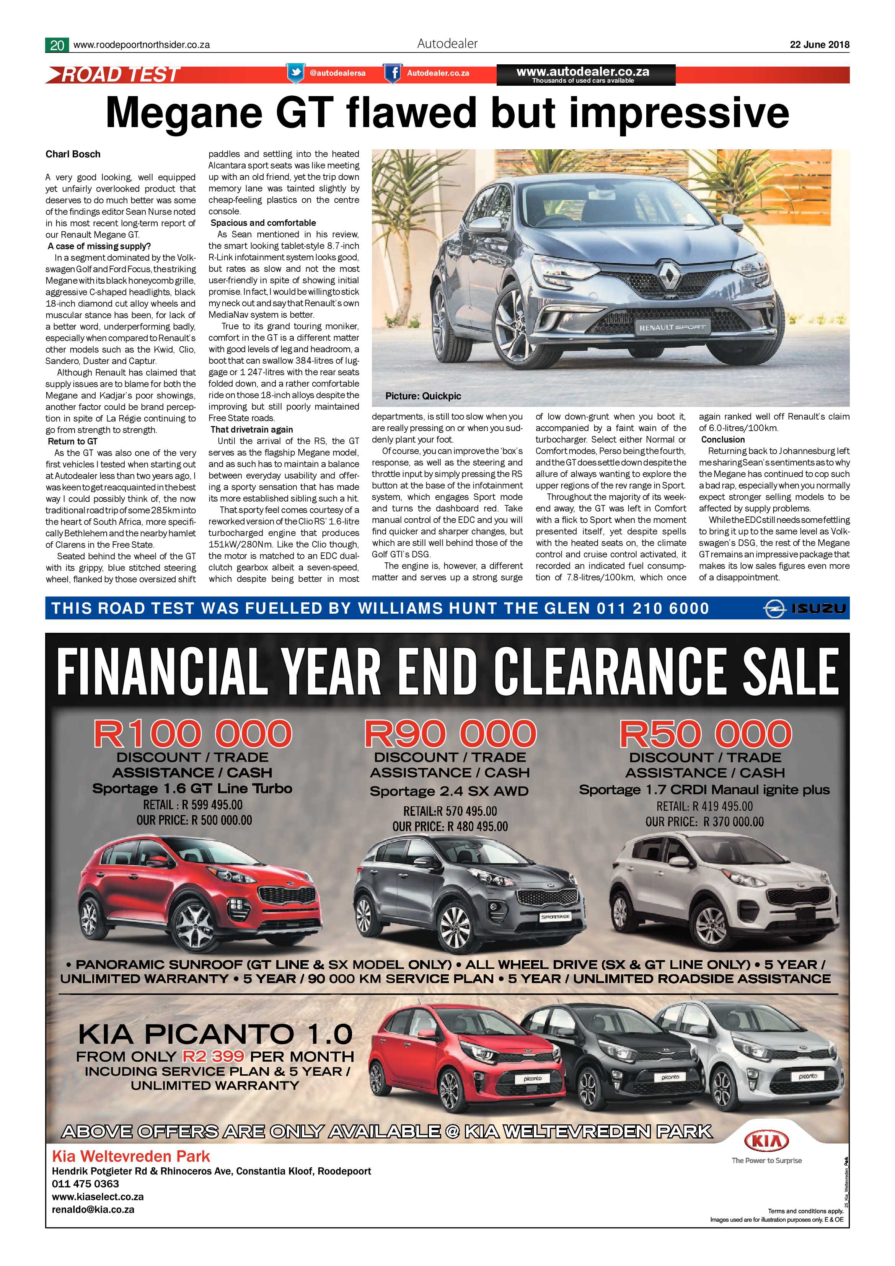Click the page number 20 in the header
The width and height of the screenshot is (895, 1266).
click(x=57, y=45)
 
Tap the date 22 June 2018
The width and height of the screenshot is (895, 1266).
click(x=820, y=45)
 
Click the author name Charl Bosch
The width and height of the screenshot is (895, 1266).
click(x=73, y=154)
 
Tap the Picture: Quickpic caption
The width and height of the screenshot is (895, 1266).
click(x=423, y=396)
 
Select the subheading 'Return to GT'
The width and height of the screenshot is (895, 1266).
click(x=73, y=441)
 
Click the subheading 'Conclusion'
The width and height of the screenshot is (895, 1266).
click(x=722, y=439)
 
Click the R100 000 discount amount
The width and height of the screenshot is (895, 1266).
click(x=192, y=734)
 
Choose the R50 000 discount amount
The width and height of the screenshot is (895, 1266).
click(x=706, y=734)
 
